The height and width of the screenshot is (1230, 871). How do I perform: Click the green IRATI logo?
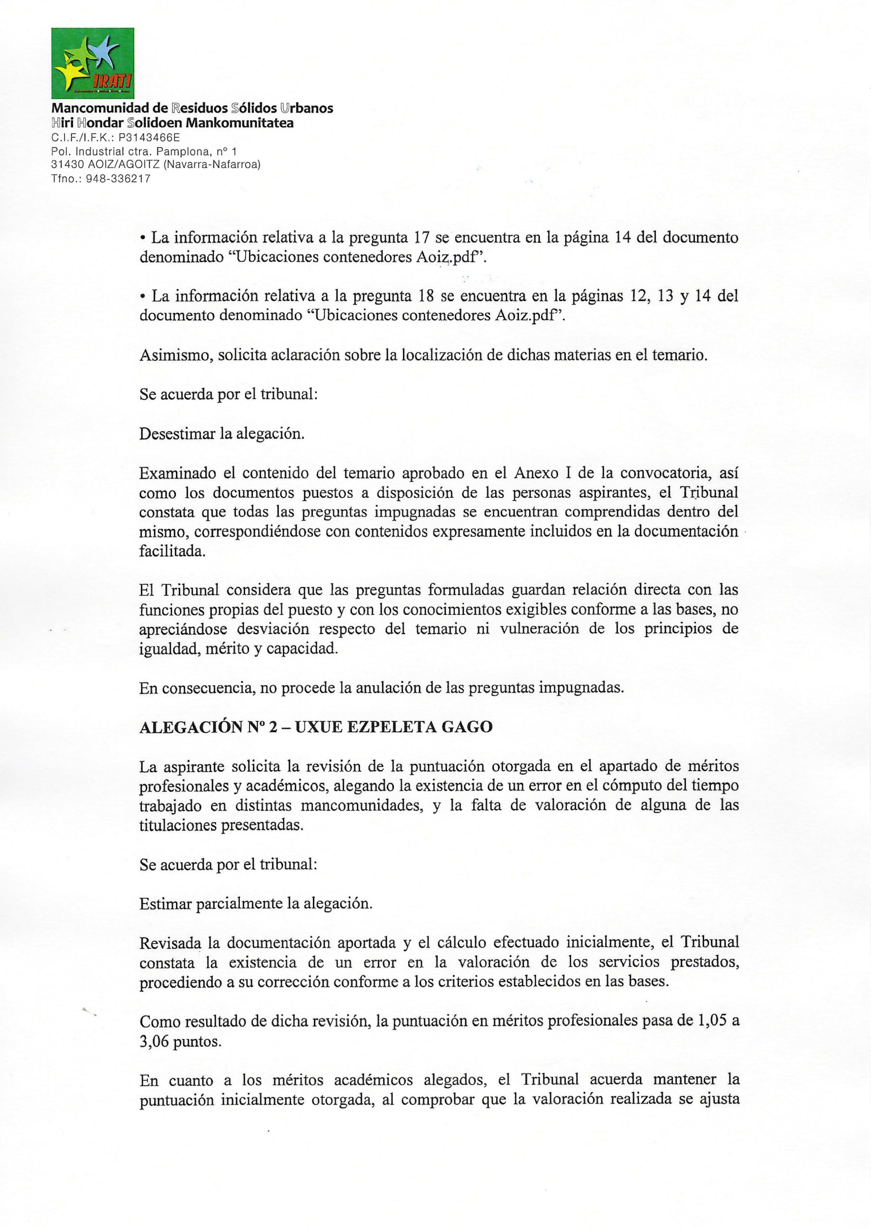92,63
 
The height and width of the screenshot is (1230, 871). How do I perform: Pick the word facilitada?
172,551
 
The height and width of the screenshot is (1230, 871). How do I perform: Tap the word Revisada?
171,942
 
